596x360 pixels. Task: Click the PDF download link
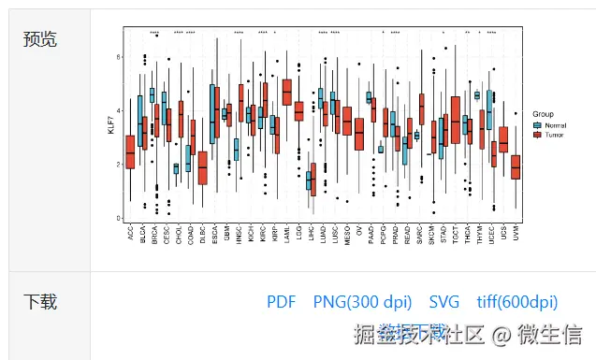pyautogui.click(x=281, y=302)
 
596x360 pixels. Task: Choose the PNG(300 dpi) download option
pyautogui.click(x=362, y=302)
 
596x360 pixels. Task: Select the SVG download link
pyautogui.click(x=444, y=302)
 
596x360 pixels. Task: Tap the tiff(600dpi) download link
pyautogui.click(x=516, y=302)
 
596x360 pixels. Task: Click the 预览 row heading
pyautogui.click(x=39, y=38)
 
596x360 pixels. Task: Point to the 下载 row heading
pyautogui.click(x=39, y=301)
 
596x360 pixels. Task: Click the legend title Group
pyautogui.click(x=543, y=114)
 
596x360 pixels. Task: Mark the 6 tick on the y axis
pyautogui.click(x=117, y=57)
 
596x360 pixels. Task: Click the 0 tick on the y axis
pyautogui.click(x=117, y=218)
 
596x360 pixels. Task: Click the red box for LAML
pyautogui.click(x=286, y=92)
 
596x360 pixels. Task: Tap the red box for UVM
pyautogui.click(x=516, y=166)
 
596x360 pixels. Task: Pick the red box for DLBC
pyautogui.click(x=202, y=168)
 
